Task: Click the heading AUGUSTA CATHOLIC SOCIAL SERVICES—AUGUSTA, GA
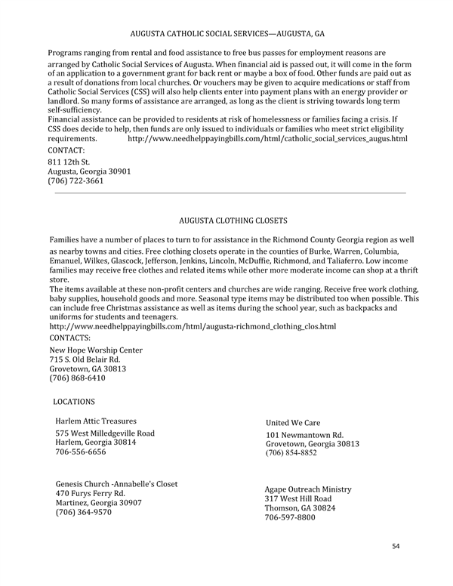coord(227,34)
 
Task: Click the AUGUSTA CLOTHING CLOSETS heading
coord(233,221)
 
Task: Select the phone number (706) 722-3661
coord(75,181)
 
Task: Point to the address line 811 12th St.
coord(69,162)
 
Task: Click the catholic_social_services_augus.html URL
coord(267,140)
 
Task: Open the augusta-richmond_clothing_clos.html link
coord(193,326)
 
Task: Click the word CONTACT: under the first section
coord(66,151)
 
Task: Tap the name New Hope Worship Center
coord(96,350)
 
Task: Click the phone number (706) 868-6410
coord(77,378)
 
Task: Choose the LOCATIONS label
coord(74,402)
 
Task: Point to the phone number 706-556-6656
coord(81,452)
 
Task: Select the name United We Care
coord(293,423)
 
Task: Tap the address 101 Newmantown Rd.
coord(304,435)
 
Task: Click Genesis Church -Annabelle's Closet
coord(122,483)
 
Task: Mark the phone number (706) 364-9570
coord(84,512)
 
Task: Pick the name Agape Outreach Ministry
coord(307,489)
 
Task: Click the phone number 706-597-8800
coord(290,518)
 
